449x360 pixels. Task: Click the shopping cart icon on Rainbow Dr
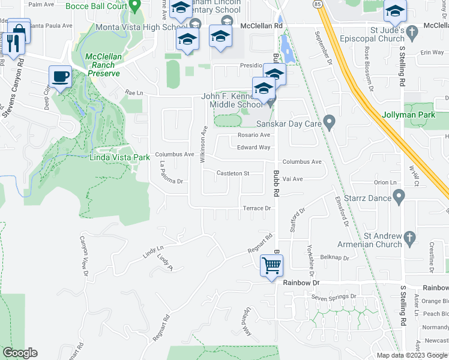tap(272, 265)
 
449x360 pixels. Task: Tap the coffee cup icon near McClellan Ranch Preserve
tap(60, 77)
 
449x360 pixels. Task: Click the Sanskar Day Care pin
tap(329, 122)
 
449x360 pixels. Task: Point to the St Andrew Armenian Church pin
tap(410, 236)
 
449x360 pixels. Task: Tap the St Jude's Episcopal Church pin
tap(412, 31)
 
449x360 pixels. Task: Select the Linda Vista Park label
tap(119, 158)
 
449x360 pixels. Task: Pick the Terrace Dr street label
tap(257, 208)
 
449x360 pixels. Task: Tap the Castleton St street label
tap(233, 173)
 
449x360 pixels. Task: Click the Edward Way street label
tap(253, 148)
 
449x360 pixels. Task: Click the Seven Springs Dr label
tap(333, 296)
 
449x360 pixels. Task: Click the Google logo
tap(20, 353)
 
